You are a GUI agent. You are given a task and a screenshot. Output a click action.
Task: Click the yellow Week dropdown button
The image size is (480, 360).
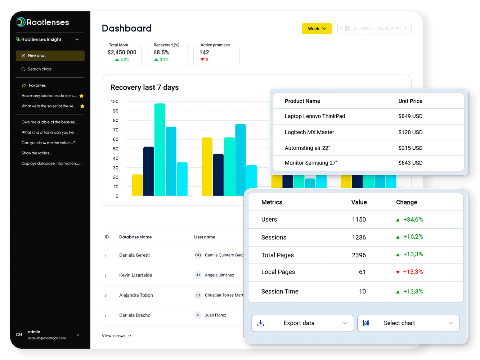317,29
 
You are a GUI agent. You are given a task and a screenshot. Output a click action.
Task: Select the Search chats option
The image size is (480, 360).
39,69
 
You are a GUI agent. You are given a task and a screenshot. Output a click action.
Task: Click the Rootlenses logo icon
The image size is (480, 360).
21,22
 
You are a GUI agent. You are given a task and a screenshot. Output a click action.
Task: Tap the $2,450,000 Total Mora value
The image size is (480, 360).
122,53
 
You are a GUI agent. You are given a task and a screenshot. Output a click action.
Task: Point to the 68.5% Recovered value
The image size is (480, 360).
161,53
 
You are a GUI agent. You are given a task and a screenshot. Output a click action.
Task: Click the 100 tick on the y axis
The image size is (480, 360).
115,102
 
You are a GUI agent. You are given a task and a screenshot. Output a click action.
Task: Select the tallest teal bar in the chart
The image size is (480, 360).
160,149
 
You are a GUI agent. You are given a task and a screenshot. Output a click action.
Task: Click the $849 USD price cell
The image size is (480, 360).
410,116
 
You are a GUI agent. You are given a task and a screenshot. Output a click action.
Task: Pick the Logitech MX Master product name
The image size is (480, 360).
309,132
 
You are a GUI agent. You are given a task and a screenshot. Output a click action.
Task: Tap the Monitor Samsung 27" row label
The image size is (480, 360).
311,163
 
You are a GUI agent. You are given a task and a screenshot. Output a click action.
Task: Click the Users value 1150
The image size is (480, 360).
359,220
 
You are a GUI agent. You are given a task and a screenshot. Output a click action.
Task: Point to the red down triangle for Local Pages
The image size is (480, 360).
398,272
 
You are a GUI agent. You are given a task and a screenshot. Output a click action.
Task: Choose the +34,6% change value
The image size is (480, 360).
413,220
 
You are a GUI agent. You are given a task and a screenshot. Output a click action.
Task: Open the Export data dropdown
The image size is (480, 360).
302,323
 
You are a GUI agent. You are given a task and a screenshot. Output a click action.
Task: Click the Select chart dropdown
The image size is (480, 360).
408,323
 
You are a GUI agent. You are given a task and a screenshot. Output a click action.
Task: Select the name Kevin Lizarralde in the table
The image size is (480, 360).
135,275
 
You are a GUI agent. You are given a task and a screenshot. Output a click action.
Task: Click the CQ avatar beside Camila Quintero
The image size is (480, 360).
198,255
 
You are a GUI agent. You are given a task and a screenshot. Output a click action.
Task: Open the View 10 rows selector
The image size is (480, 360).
116,336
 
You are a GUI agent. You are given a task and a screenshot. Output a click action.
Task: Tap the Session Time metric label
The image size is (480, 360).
280,292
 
